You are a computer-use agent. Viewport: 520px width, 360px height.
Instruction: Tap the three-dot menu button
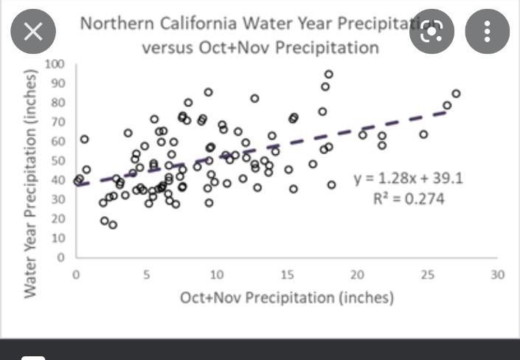[x=487, y=31]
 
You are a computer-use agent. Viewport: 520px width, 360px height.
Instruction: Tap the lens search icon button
[x=431, y=31]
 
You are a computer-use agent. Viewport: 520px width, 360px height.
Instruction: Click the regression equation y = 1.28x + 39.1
[x=398, y=179]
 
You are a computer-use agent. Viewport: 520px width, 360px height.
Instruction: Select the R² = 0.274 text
[x=410, y=198]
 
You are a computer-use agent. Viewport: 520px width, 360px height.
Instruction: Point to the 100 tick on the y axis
[x=55, y=64]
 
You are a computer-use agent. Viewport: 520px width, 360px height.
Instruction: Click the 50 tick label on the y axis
[x=58, y=161]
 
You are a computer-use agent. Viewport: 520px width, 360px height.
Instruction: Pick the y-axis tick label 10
[x=58, y=238]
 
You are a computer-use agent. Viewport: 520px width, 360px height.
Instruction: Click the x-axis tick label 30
[x=497, y=274]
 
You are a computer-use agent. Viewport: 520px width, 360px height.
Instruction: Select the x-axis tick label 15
[x=287, y=274]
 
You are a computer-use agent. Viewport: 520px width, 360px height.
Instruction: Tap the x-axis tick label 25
[x=427, y=274]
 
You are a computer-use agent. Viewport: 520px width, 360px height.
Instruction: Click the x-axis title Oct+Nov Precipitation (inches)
[x=287, y=297]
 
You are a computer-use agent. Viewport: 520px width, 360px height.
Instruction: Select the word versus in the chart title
[x=167, y=48]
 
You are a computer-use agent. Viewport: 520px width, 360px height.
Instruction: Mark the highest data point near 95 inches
[x=329, y=75]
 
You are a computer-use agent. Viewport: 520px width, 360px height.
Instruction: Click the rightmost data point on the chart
[x=456, y=94]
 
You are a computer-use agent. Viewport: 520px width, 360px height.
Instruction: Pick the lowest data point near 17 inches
[x=113, y=225]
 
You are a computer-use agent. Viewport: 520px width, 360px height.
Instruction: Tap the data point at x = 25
[x=423, y=134]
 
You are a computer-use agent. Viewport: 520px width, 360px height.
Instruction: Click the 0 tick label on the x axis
[x=77, y=274]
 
